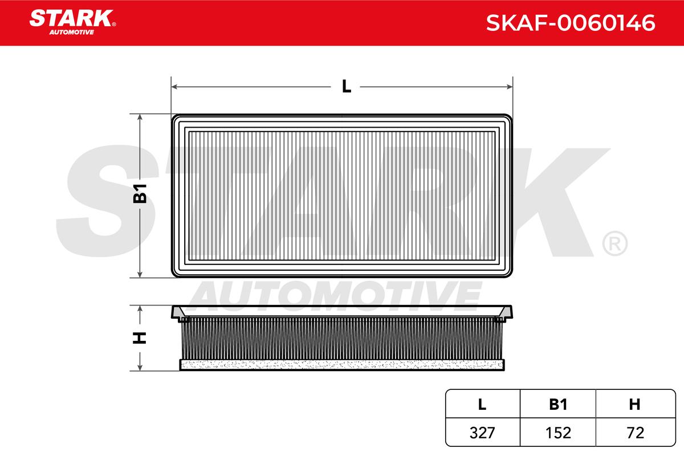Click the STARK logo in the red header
point(72,22)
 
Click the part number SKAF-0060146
point(571,23)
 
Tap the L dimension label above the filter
point(347,87)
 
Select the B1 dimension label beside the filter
point(140,194)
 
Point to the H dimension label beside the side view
point(140,338)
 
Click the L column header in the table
point(482,404)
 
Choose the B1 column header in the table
point(558,404)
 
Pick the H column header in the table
point(634,404)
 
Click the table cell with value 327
point(482,433)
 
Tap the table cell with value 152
point(558,433)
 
